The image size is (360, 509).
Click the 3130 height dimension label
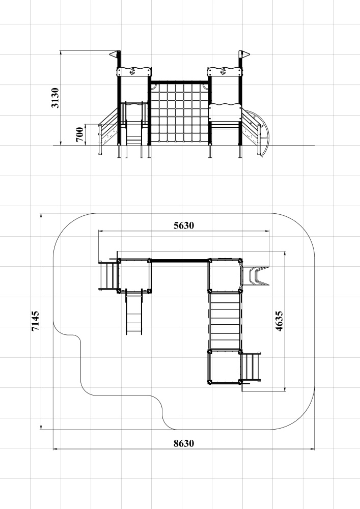[55, 98]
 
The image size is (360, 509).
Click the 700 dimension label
[79, 135]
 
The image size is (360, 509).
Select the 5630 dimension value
[184, 225]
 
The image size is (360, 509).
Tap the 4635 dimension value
[279, 321]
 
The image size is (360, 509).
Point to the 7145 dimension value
[35, 321]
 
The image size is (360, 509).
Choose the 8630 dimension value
[184, 443]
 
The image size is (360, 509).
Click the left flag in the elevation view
[114, 54]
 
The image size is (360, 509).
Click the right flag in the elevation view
[245, 54]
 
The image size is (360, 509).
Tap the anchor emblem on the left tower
[132, 71]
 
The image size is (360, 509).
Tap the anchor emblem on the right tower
[224, 71]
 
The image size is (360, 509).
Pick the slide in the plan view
[256, 275]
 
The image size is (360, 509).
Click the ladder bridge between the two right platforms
[225, 321]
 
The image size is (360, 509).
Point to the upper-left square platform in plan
[134, 275]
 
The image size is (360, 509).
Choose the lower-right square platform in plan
[225, 367]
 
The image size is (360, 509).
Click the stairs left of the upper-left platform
[108, 275]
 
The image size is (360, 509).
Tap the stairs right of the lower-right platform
[251, 366]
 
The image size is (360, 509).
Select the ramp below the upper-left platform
[134, 313]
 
